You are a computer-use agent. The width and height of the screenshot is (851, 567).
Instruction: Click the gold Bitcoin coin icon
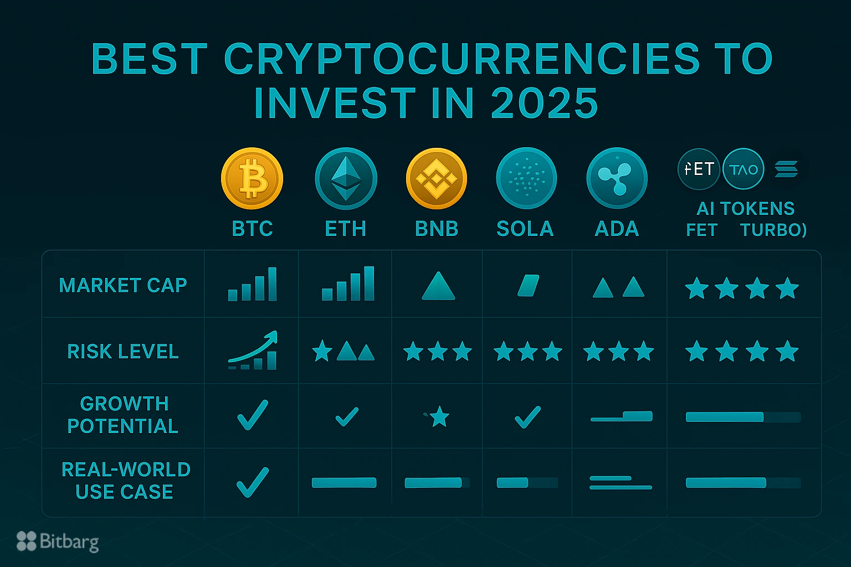tap(252, 178)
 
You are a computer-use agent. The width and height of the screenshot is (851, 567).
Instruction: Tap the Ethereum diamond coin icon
tap(346, 178)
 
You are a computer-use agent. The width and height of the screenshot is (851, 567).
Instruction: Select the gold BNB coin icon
tap(437, 178)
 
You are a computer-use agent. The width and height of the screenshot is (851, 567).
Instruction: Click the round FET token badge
tap(699, 169)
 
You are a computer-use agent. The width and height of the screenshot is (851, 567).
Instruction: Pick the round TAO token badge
tap(744, 169)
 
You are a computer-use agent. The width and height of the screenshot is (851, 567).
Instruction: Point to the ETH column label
tap(346, 229)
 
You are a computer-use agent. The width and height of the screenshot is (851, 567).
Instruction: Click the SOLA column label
tap(525, 229)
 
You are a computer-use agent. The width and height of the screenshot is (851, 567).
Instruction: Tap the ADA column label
tap(617, 229)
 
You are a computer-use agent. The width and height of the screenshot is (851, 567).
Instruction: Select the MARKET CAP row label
tap(123, 285)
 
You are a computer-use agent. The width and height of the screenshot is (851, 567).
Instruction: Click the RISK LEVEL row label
tap(123, 352)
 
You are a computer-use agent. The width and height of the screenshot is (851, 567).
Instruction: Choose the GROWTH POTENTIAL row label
tap(123, 415)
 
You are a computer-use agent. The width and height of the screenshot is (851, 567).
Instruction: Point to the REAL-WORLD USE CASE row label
tap(126, 481)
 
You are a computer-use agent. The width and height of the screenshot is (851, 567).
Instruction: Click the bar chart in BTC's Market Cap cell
tap(252, 285)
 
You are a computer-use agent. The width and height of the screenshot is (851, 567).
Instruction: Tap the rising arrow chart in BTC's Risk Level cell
tap(253, 351)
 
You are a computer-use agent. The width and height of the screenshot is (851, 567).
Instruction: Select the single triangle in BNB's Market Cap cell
tap(438, 286)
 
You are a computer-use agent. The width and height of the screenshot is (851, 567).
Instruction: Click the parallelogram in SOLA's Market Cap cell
tap(528, 286)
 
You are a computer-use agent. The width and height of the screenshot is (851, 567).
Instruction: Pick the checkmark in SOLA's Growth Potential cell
tap(527, 417)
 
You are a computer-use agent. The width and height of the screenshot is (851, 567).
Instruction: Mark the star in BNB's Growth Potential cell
tap(439, 416)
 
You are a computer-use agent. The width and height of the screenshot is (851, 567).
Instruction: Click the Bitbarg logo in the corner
tap(58, 542)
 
